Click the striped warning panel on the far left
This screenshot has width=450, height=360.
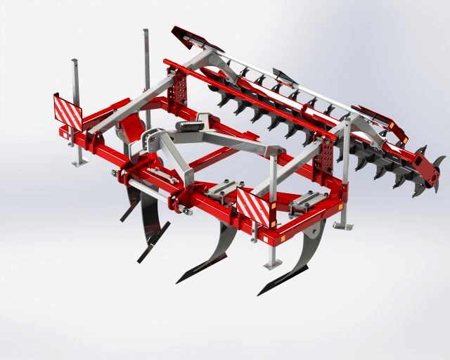67,110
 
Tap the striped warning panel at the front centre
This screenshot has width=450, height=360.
252,205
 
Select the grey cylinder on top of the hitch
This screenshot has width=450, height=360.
188,126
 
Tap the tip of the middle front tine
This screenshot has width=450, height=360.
177,282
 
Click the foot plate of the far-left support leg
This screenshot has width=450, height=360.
79,164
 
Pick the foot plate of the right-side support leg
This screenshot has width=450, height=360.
342,226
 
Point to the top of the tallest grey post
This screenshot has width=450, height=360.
146,32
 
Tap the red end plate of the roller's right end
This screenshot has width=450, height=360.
427,169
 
